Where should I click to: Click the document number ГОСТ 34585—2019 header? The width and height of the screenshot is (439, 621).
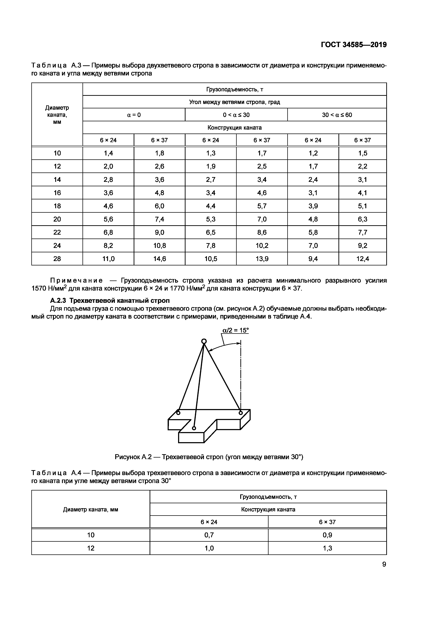click(x=354, y=45)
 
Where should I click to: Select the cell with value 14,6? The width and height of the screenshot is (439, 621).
click(x=159, y=259)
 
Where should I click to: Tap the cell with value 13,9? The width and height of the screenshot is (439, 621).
click(x=262, y=259)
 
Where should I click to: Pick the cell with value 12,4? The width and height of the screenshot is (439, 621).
click(x=363, y=259)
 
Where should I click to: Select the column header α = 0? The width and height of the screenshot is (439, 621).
click(x=134, y=115)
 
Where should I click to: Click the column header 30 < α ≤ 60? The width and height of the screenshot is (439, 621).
click(x=337, y=115)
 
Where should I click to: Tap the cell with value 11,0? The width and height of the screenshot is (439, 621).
click(x=108, y=259)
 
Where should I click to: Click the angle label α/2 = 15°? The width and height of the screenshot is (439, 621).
click(x=235, y=330)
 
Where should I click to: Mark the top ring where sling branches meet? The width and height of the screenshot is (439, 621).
click(x=204, y=341)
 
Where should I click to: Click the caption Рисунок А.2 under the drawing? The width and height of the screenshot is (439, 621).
click(x=209, y=457)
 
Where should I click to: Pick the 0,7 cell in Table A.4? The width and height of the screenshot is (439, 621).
click(x=209, y=535)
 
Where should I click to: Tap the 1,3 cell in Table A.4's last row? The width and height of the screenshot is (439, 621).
click(x=327, y=548)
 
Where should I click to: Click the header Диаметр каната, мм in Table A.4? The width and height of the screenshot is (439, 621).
click(x=91, y=510)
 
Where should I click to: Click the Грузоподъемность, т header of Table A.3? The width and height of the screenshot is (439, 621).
click(x=235, y=89)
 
